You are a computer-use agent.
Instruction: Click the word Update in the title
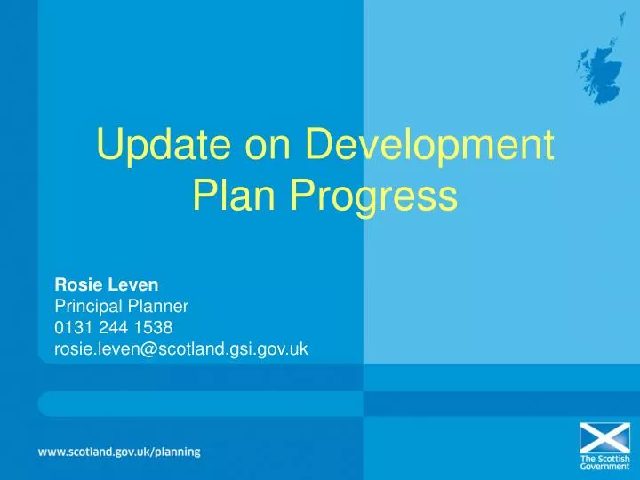tap(152, 144)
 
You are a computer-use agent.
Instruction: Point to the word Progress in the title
tap(372, 196)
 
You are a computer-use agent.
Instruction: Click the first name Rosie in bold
tap(75, 285)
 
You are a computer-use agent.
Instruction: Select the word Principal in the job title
tap(86, 307)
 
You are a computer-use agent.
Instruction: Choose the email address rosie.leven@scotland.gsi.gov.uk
tap(181, 349)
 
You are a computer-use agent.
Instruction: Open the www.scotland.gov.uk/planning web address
tap(118, 452)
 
